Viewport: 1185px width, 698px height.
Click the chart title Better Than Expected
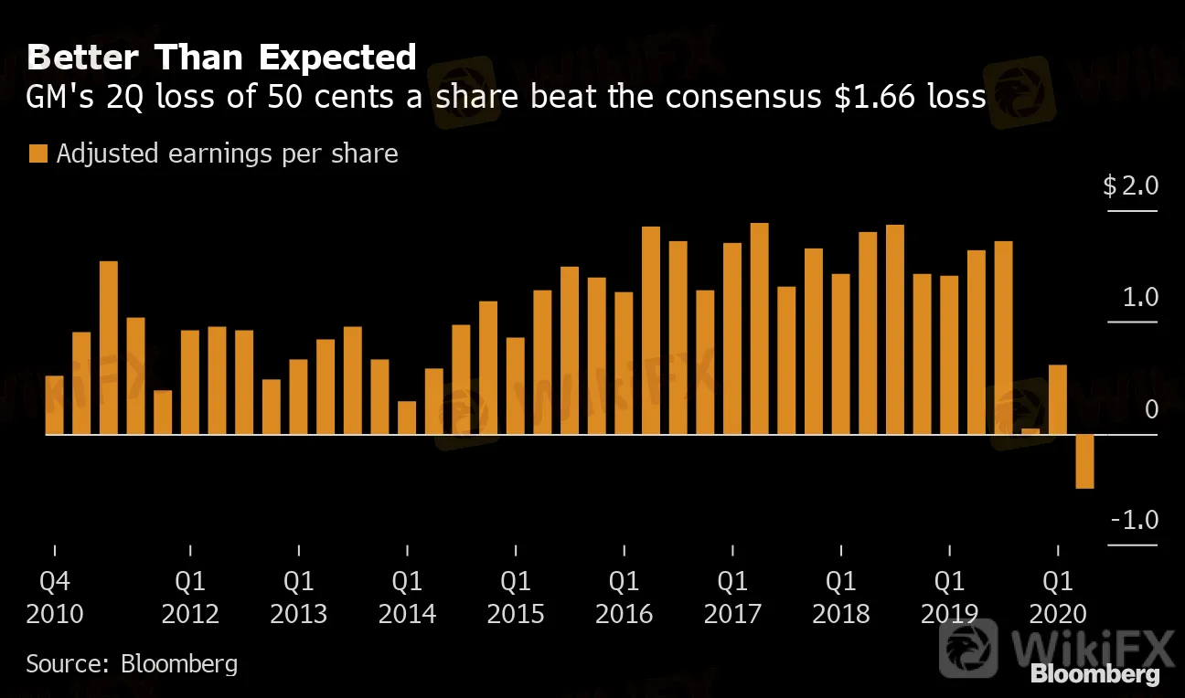pyautogui.click(x=221, y=58)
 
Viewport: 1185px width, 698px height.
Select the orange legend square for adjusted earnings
pyautogui.click(x=37, y=153)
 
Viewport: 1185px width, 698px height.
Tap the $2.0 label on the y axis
pyautogui.click(x=1131, y=187)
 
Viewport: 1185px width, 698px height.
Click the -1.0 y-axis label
pyautogui.click(x=1135, y=521)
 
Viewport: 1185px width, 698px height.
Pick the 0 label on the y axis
pyautogui.click(x=1151, y=409)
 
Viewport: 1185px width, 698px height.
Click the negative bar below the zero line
pyautogui.click(x=1084, y=461)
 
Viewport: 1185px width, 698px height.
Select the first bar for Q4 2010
pyautogui.click(x=54, y=405)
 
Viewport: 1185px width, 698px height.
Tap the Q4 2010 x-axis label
pyautogui.click(x=54, y=597)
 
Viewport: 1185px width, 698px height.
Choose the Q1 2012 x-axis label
pyautogui.click(x=190, y=597)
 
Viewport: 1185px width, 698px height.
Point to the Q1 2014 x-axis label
pyautogui.click(x=407, y=597)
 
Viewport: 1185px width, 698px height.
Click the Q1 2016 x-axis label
pyautogui.click(x=624, y=597)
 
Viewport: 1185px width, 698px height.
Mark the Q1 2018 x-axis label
pyautogui.click(x=840, y=597)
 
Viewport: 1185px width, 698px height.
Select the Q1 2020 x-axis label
pyautogui.click(x=1058, y=597)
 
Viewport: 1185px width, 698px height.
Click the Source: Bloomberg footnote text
pyautogui.click(x=132, y=663)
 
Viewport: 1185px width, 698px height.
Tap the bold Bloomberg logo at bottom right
pyautogui.click(x=1094, y=675)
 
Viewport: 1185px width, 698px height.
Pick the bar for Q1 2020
pyautogui.click(x=1058, y=399)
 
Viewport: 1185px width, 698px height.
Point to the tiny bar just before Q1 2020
pyautogui.click(x=1030, y=431)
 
